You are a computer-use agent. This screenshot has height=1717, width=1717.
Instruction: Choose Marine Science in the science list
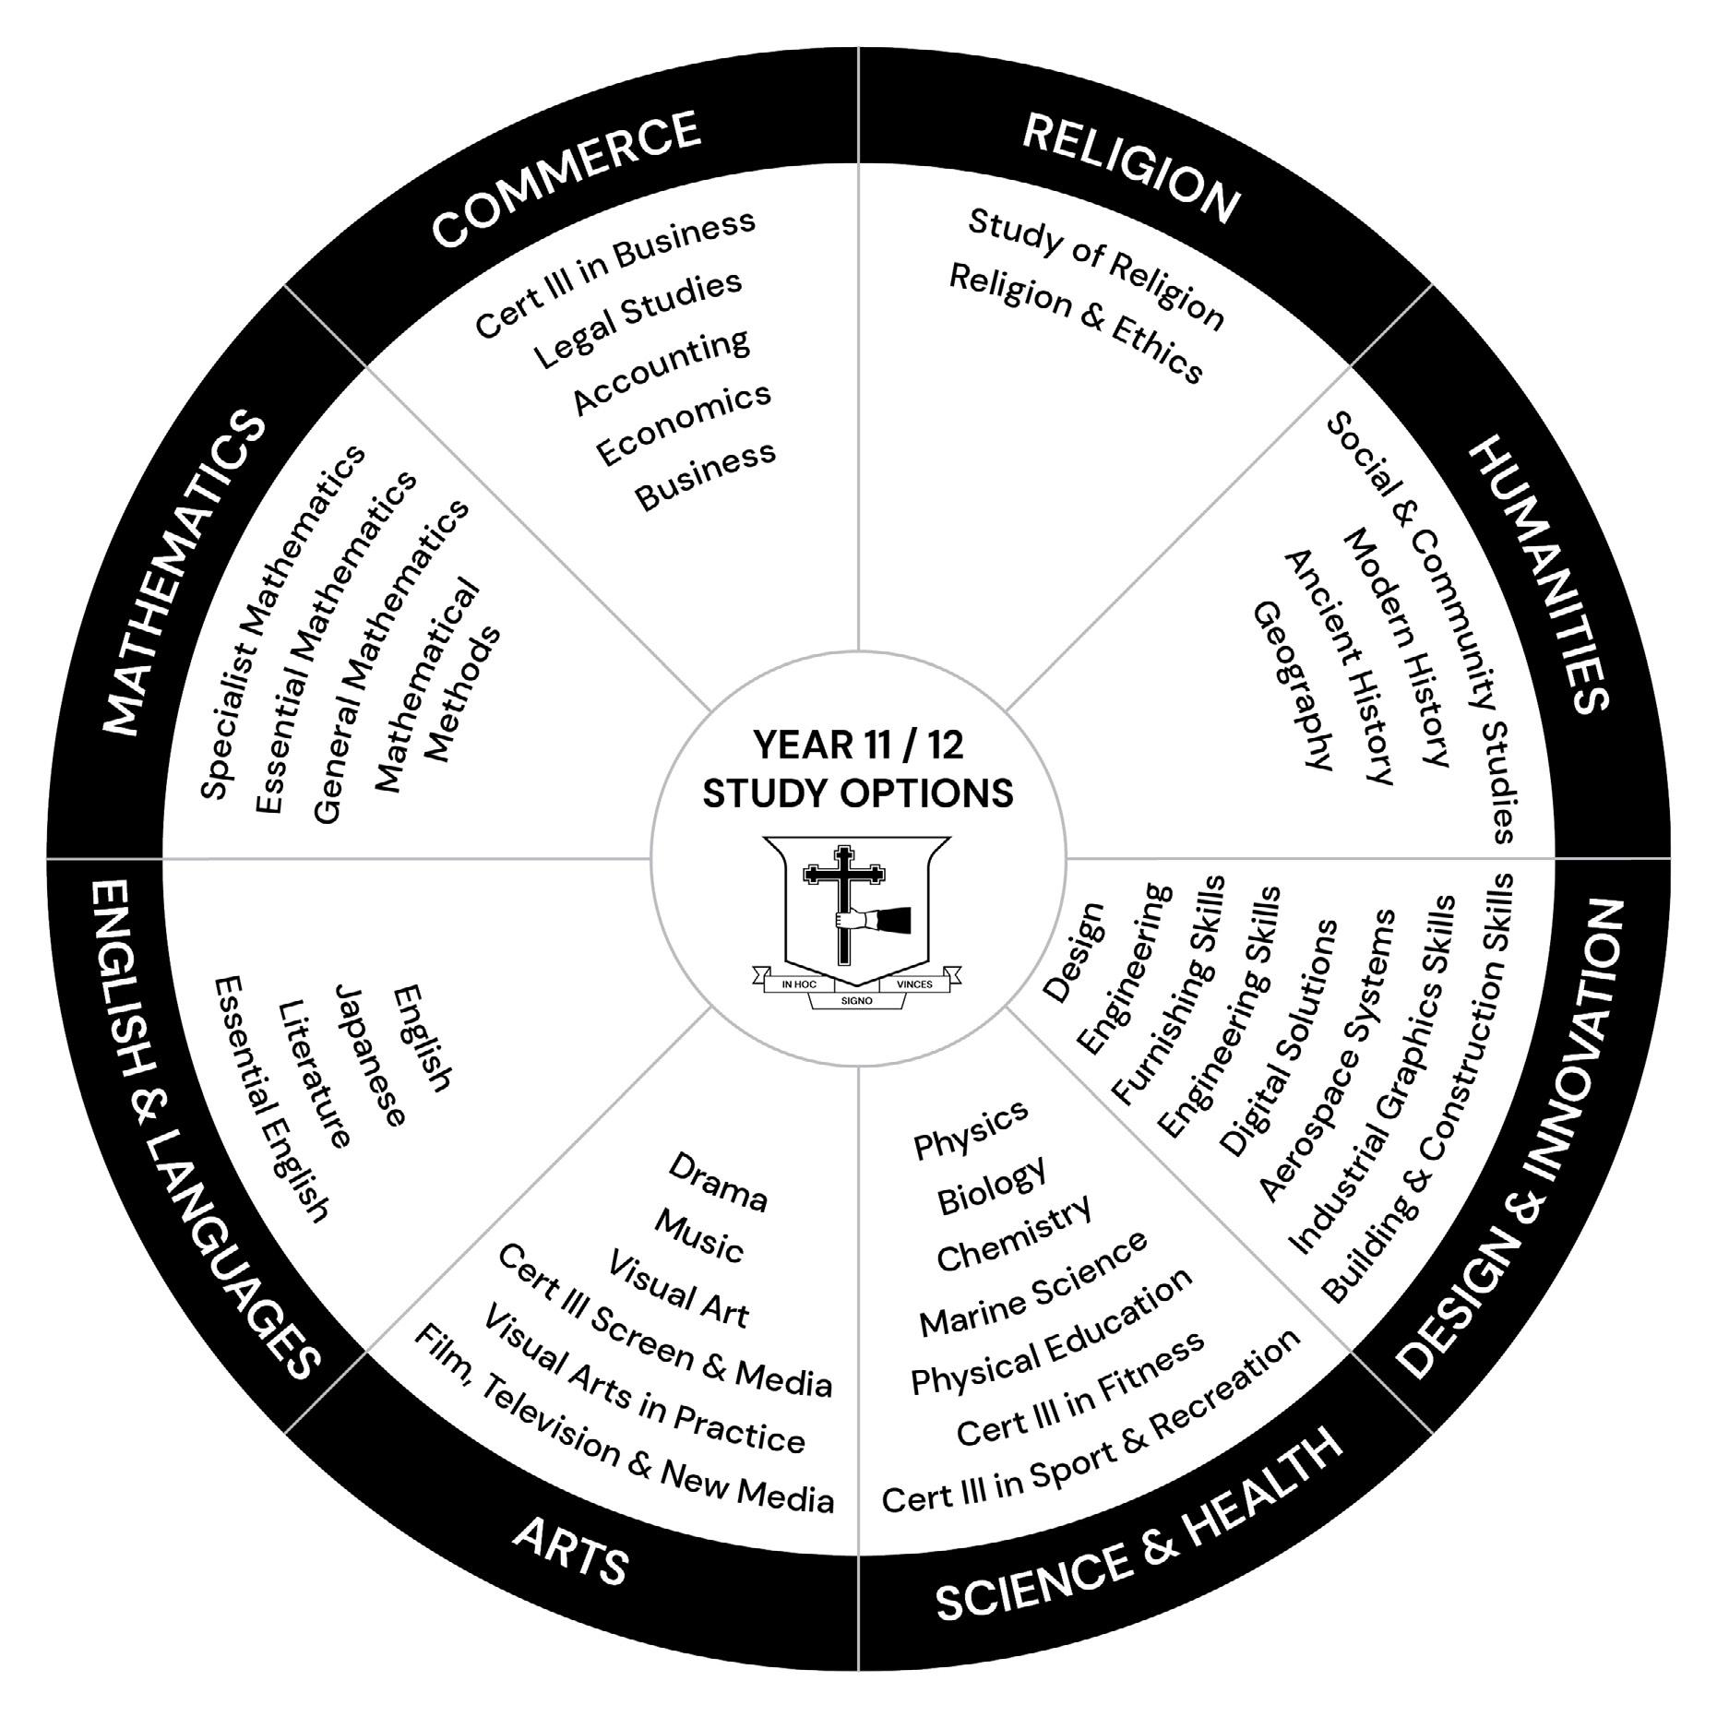click(1033, 1283)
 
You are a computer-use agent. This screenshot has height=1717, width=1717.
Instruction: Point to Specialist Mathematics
click(281, 625)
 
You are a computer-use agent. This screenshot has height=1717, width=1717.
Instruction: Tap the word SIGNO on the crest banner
click(857, 1000)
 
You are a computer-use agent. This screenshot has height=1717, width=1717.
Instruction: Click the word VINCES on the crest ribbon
click(914, 984)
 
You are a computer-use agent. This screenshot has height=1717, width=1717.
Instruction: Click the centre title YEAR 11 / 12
click(858, 745)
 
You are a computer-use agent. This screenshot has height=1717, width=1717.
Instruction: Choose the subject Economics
click(683, 423)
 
